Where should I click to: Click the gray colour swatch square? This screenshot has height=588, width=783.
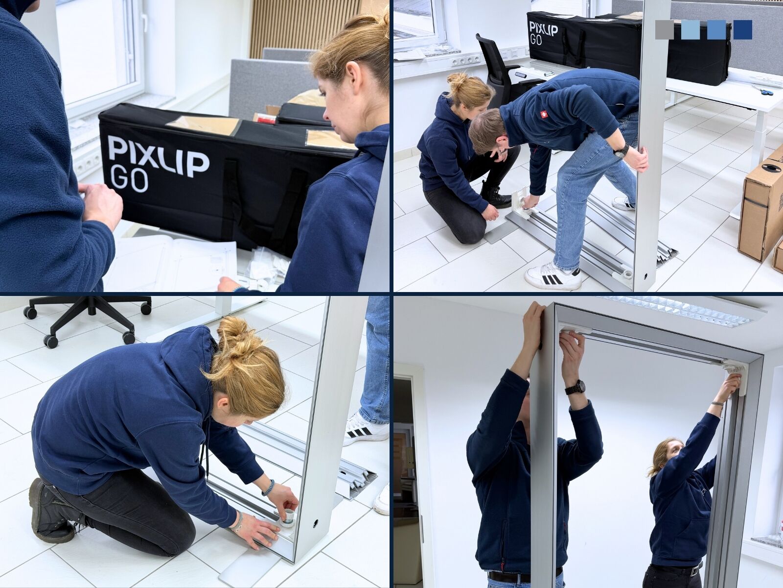point(665,29)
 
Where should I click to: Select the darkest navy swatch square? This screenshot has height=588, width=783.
point(742,29)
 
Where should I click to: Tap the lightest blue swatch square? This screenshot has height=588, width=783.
point(691,29)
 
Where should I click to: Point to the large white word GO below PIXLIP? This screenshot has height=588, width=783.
point(129,180)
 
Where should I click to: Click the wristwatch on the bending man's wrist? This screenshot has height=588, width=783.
point(621,150)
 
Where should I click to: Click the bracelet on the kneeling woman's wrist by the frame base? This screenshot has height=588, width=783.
point(268,488)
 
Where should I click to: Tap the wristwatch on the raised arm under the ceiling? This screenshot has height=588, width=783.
point(575,387)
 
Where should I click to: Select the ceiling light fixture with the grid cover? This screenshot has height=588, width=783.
point(685,311)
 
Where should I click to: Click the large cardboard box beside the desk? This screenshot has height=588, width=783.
point(761,211)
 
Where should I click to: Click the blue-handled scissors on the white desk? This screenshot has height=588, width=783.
point(762,90)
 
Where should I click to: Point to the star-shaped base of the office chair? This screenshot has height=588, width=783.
point(88,318)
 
